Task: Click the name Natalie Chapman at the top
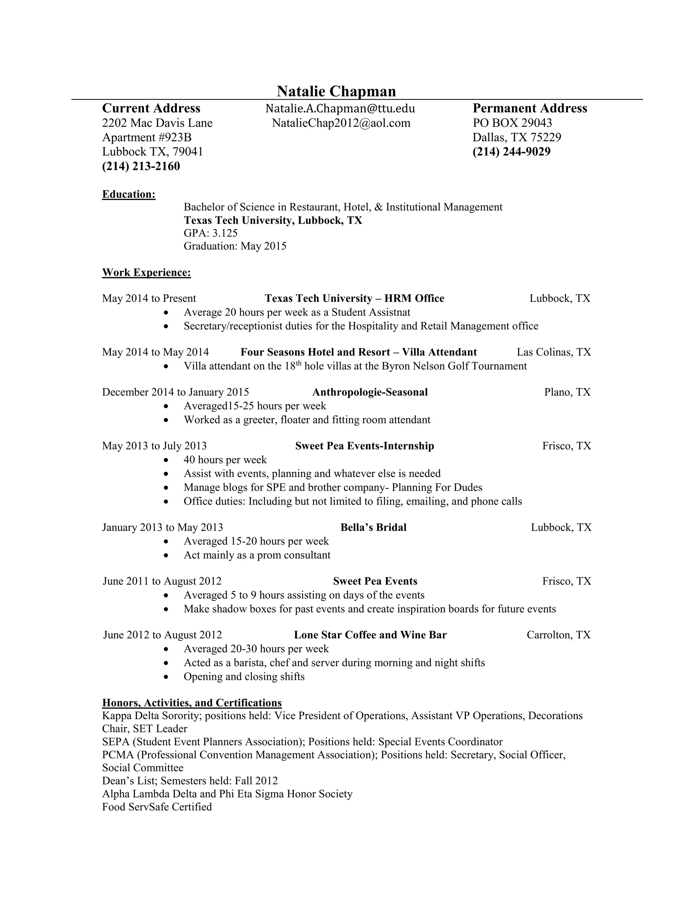[x=336, y=91]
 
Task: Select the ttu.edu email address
[x=340, y=108]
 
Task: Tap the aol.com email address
[x=341, y=123]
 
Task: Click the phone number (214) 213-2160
[x=141, y=166]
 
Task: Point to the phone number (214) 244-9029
[x=511, y=152]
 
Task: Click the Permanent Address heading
[x=530, y=108]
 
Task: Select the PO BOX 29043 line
[x=512, y=123]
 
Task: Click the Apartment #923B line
[x=147, y=137]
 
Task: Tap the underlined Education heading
[x=129, y=194]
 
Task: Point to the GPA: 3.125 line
[x=210, y=233]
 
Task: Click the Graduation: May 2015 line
[x=235, y=246]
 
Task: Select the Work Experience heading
[x=146, y=272]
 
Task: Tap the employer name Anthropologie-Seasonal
[x=370, y=392]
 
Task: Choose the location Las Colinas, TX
[x=553, y=352]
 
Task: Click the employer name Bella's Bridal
[x=373, y=528]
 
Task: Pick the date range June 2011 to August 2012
[x=162, y=581]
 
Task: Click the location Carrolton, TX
[x=558, y=635]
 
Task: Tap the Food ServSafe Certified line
[x=157, y=807]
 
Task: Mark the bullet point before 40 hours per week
[x=166, y=460]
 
